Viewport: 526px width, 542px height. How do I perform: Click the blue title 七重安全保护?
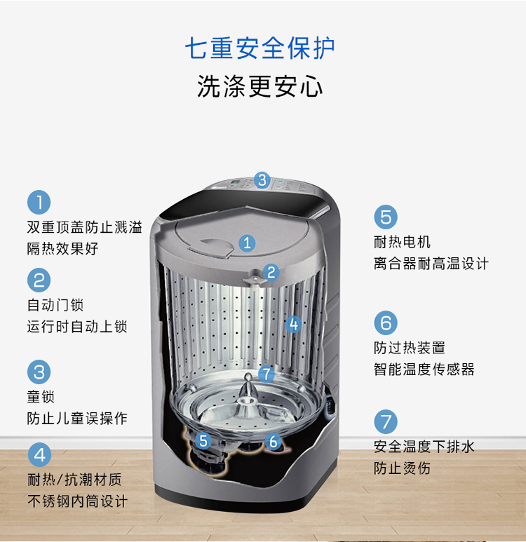click(259, 48)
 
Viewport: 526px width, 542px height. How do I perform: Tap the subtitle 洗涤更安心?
click(259, 86)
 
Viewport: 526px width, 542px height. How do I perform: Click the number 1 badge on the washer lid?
click(247, 243)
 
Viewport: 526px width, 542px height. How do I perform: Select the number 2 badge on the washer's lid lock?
click(271, 272)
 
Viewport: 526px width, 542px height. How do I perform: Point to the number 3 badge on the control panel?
click(262, 180)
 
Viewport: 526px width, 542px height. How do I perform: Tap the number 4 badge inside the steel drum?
click(294, 324)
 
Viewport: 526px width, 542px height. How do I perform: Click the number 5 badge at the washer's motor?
click(203, 441)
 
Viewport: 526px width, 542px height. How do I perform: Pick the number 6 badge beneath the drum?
click(274, 442)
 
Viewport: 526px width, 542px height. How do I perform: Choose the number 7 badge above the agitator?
click(267, 374)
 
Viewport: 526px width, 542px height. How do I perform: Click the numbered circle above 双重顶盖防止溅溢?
click(39, 202)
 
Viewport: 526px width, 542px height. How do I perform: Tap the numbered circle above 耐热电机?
click(386, 217)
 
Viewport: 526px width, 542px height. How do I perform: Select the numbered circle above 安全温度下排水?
click(386, 421)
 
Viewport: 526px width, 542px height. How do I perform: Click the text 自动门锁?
click(55, 305)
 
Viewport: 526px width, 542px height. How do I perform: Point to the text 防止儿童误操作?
click(77, 419)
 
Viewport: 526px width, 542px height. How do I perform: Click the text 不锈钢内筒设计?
click(77, 501)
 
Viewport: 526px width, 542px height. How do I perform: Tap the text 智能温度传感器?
click(424, 370)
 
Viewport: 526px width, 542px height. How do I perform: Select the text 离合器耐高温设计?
click(431, 264)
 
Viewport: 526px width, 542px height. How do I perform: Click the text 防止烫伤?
click(402, 468)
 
